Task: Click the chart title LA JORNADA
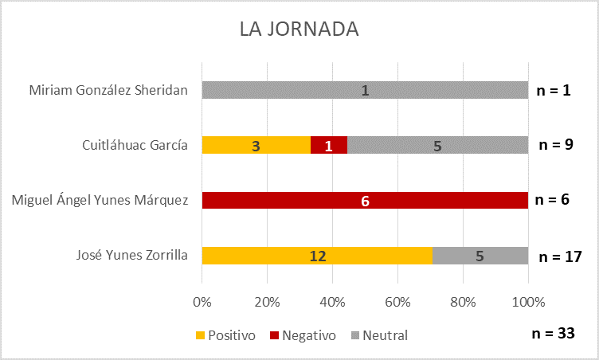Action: [299, 29]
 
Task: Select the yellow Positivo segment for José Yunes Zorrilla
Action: [317, 256]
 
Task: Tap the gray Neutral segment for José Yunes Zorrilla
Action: [480, 256]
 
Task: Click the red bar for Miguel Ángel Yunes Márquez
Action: [365, 201]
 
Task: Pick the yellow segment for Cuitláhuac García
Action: [256, 145]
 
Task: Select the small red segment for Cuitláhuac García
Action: [328, 145]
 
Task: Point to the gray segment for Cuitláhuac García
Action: [437, 145]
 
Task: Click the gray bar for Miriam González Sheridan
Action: [365, 90]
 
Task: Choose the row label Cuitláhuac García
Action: [135, 145]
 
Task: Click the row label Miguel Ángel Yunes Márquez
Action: [100, 201]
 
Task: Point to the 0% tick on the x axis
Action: [202, 302]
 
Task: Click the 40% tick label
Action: [332, 302]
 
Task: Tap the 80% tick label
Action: [463, 302]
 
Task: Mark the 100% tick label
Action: [528, 302]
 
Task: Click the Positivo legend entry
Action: [225, 335]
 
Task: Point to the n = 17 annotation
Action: [561, 256]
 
